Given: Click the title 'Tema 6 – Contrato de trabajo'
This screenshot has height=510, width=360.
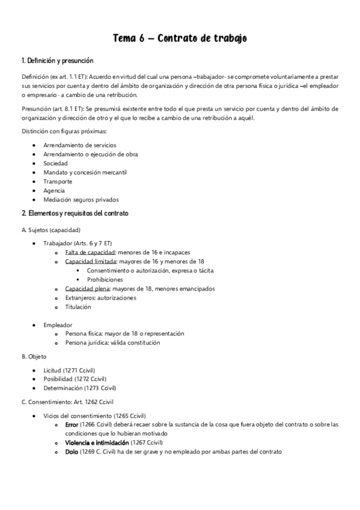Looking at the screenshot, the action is point(180,39).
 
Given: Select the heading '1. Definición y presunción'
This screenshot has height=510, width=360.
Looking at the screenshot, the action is point(57,61).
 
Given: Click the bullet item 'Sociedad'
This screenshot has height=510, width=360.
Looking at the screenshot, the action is point(55,163).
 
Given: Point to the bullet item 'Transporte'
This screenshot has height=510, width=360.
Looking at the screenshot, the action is point(58,181).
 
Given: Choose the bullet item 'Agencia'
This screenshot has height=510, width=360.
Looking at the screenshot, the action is point(54,190).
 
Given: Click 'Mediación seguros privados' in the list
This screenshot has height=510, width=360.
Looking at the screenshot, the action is point(81,199).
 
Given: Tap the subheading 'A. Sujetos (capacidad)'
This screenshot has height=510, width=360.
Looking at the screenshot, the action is point(50,230).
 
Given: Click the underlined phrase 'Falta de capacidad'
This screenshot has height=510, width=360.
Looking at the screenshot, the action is point(90,253).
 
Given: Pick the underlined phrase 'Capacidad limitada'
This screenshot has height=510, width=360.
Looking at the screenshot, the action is point(91,262).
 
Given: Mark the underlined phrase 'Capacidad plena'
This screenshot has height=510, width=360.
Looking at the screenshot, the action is point(87,289).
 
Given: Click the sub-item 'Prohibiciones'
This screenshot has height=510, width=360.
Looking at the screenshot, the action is point(105,280).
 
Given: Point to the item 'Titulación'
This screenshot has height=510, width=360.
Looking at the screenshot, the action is point(78,307).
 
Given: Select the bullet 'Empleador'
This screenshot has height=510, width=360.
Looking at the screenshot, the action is point(58,324).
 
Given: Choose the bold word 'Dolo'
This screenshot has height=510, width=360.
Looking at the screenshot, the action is point(72,452).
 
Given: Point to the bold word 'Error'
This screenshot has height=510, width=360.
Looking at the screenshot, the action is point(72,425).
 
